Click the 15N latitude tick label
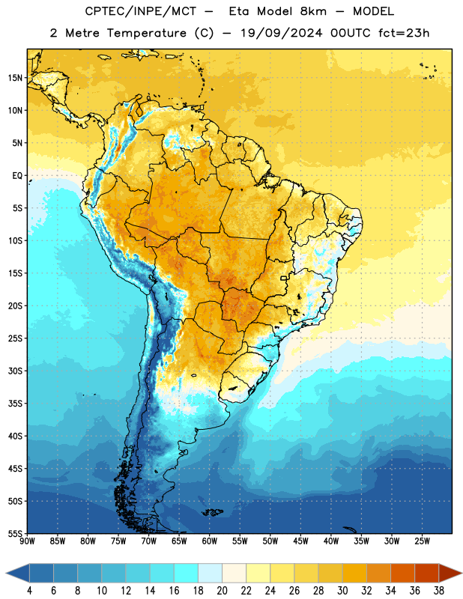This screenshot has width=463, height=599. [15, 78]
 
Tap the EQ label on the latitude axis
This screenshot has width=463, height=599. [17, 176]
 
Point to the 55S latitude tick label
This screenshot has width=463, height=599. [15, 533]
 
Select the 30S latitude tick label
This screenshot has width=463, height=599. [15, 371]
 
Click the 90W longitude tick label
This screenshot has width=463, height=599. [27, 541]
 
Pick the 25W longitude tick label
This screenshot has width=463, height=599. [422, 541]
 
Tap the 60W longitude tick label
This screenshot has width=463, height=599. [210, 541]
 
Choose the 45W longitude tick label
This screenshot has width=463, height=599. [300, 541]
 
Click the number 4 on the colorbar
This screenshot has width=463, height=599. [29, 591]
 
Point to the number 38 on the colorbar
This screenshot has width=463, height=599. [438, 591]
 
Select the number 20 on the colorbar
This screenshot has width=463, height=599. [222, 591]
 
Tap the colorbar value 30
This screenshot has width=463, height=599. [342, 591]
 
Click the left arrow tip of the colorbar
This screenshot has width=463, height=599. [6, 574]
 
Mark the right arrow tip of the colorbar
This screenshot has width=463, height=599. [462, 574]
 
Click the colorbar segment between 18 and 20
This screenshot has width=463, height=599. [210, 574]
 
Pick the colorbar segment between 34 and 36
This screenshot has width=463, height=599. [402, 574]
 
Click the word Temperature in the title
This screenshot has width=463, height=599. [146, 33]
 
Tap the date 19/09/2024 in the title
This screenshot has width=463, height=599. [282, 33]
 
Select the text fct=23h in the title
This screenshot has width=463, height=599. [404, 33]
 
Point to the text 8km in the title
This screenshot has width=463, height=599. [313, 11]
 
